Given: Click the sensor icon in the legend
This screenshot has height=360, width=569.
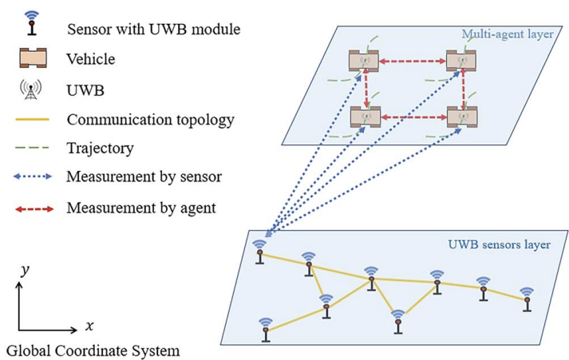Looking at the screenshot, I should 31,24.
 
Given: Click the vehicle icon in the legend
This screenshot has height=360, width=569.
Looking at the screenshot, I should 32,59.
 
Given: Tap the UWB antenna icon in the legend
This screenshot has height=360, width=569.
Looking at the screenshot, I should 32,89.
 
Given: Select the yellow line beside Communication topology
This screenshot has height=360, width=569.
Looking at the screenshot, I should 33,121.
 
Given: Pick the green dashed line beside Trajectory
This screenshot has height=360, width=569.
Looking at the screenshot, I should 33,149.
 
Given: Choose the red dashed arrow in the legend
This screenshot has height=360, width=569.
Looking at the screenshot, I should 33,209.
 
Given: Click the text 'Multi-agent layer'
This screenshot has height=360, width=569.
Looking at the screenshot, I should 506,34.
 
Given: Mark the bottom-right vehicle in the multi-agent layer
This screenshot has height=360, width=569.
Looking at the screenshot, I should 461,117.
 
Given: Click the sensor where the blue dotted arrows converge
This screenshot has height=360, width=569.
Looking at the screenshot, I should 259,251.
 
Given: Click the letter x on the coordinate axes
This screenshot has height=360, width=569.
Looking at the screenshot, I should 89,326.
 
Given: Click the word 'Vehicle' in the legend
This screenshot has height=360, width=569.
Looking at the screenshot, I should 91,60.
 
